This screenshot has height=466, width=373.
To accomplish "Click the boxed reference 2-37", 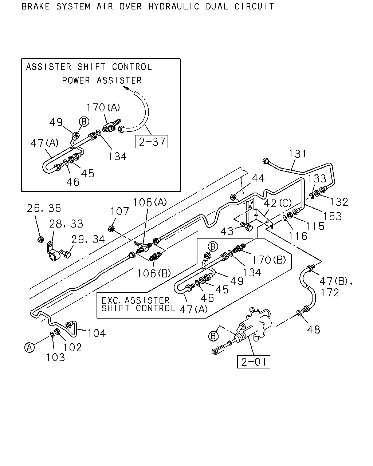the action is [151, 142].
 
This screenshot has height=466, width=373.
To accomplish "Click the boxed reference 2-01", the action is [254, 362].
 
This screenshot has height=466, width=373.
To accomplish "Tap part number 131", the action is [298, 154].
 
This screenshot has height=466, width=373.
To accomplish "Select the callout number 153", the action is [332, 216].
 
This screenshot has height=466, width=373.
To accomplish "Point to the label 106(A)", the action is [150, 202].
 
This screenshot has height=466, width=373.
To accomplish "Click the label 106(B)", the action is [154, 273].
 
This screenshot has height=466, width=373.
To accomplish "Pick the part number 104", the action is [97, 333].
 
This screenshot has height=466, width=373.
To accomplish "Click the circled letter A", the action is [30, 348].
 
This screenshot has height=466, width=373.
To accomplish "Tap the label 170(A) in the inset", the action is [103, 107].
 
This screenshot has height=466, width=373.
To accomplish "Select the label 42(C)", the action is [278, 203].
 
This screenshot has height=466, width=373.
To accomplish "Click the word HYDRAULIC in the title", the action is [174, 7].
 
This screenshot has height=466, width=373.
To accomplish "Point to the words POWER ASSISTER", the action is [102, 80].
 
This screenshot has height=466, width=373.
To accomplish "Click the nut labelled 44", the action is [233, 197].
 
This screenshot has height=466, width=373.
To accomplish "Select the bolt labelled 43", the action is [247, 227].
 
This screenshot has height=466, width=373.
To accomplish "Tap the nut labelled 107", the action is [111, 229].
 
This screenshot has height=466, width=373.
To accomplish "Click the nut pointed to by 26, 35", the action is [40, 240].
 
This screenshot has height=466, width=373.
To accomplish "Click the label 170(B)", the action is [269, 260].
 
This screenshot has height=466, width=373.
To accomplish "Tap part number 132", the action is [339, 202].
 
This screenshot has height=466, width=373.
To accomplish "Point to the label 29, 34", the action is [88, 239].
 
